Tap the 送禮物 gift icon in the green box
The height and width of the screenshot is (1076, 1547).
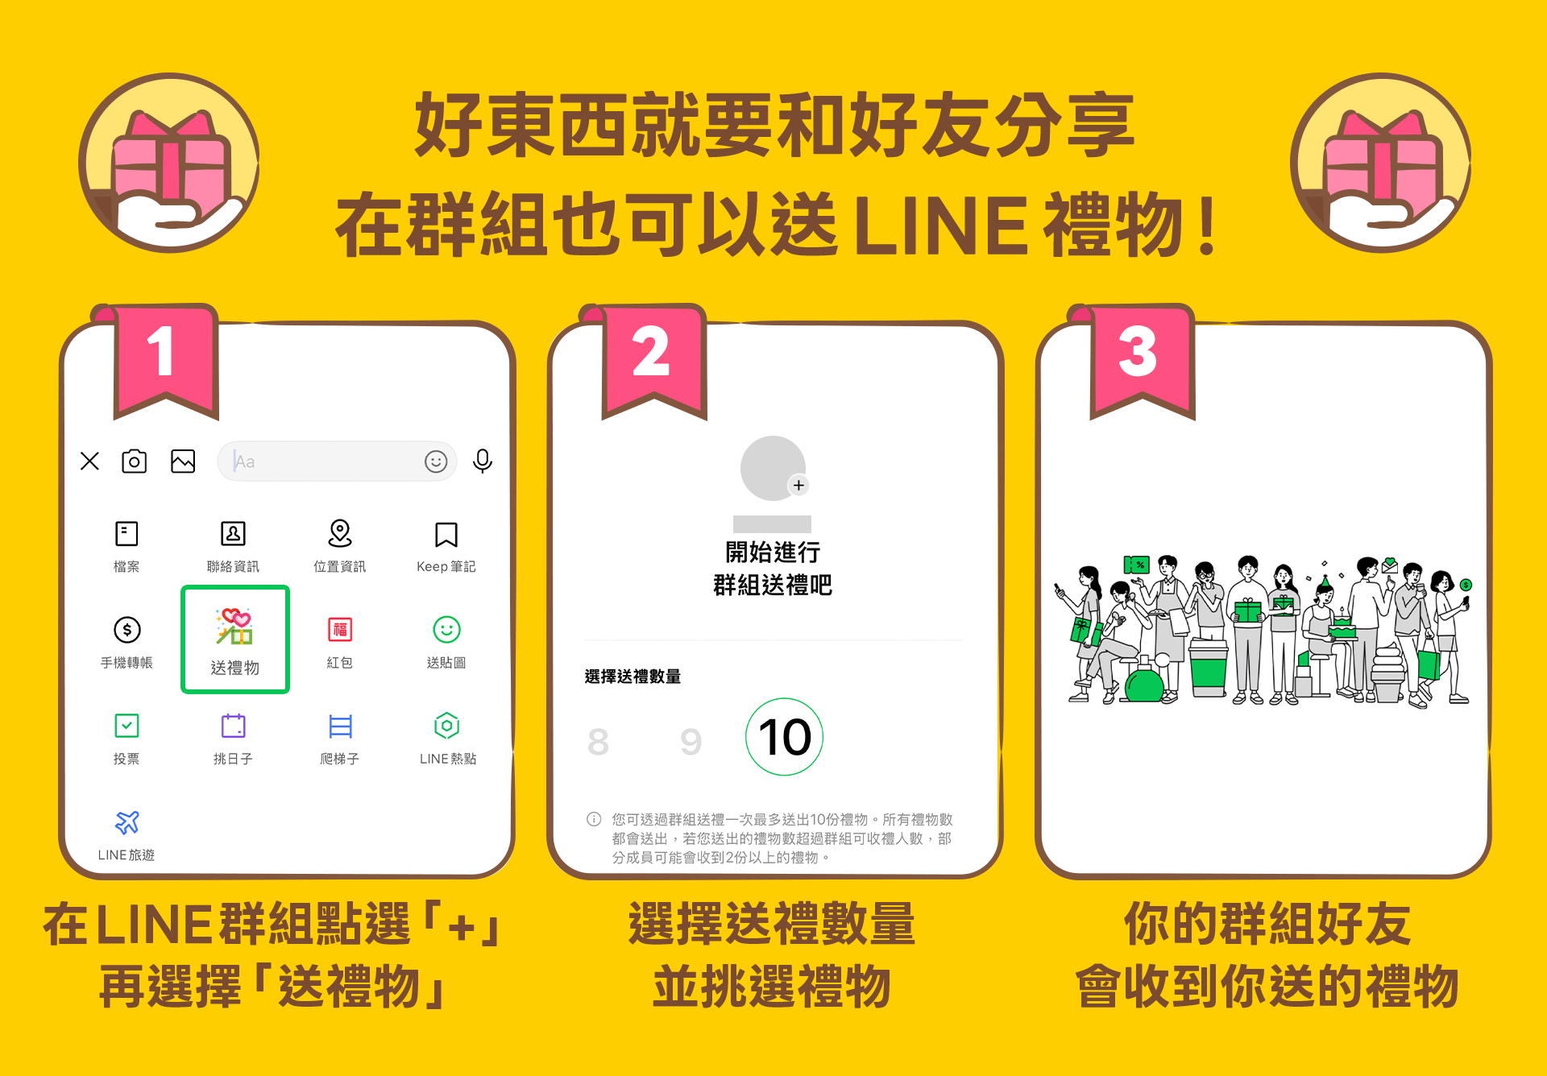[x=234, y=627]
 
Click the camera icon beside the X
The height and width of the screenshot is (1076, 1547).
[x=134, y=461]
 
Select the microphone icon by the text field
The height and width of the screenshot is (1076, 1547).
[x=483, y=461]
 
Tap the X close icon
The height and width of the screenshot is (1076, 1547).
[x=89, y=461]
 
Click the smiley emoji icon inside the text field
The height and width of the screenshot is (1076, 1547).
[x=436, y=461]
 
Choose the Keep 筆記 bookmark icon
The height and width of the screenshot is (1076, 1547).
[x=446, y=534]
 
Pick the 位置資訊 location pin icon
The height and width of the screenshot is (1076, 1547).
[x=340, y=533]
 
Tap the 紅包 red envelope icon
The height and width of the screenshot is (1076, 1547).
[x=340, y=629]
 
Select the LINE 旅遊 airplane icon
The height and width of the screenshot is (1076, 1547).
[x=127, y=822]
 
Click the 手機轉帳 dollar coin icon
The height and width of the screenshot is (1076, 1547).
[x=127, y=630]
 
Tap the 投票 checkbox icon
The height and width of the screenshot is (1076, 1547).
[x=126, y=726]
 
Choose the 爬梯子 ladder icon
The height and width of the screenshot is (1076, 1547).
[x=341, y=726]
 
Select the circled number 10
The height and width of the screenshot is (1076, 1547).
[x=785, y=737]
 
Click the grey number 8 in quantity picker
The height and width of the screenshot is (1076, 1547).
[x=598, y=742]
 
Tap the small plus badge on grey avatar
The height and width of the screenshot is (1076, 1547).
[x=798, y=485]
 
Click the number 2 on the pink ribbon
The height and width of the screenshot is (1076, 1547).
[x=651, y=352]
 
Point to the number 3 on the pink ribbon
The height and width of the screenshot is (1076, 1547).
[x=1138, y=352]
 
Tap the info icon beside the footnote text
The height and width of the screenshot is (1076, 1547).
[x=594, y=819]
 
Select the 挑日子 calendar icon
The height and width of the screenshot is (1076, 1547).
[x=234, y=726]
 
